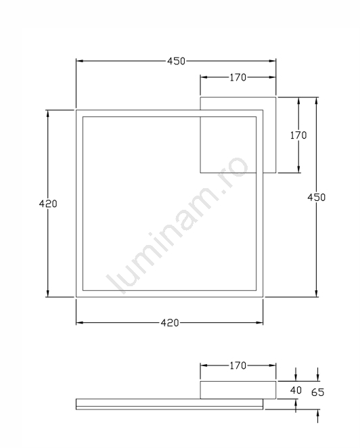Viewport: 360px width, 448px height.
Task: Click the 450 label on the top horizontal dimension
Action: click(x=177, y=61)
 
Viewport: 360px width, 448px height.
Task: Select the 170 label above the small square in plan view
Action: click(x=238, y=77)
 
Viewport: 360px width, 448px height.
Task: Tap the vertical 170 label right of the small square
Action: click(x=298, y=135)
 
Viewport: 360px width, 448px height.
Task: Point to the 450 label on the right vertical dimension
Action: click(x=316, y=198)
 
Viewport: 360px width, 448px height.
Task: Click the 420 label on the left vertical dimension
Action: click(x=48, y=204)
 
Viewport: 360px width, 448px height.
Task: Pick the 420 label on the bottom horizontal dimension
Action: click(x=170, y=323)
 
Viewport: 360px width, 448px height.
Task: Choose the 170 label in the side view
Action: click(x=238, y=365)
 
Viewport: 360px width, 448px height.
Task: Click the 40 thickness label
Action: click(x=296, y=390)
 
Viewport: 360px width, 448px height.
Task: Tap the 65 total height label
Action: click(x=318, y=393)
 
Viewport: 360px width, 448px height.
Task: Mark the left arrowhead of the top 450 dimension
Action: click(x=79, y=61)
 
